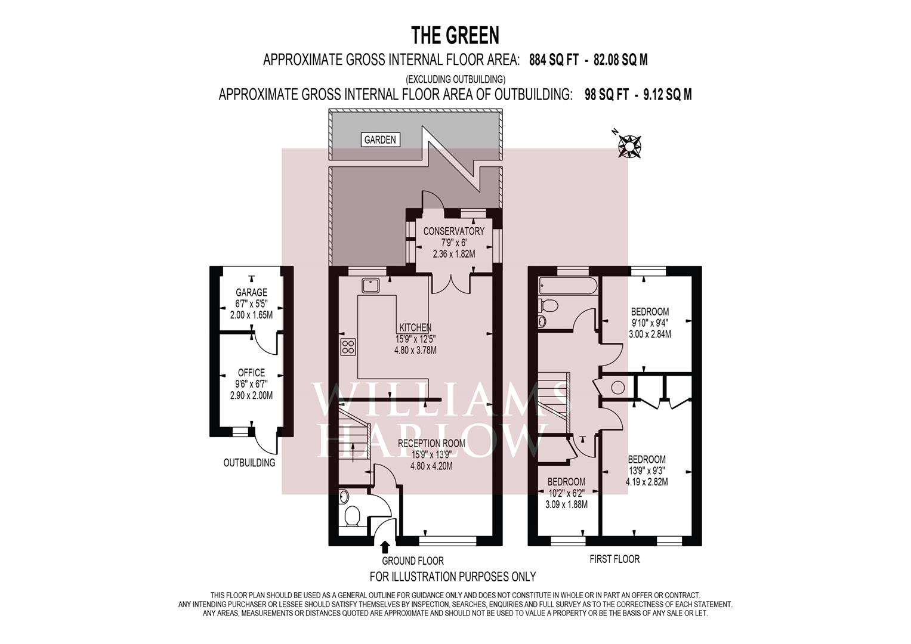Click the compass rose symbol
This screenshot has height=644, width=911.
click(x=629, y=146)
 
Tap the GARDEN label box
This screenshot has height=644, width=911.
click(x=380, y=140)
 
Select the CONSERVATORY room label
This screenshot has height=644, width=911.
click(x=454, y=231)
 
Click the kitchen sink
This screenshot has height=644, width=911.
click(x=371, y=286)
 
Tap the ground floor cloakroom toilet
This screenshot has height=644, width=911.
click(x=351, y=516)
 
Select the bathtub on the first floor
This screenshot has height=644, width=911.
click(x=568, y=285)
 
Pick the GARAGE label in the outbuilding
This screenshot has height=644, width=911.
click(x=251, y=292)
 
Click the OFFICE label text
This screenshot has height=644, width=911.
click(x=251, y=373)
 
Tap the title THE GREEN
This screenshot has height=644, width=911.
click(x=455, y=35)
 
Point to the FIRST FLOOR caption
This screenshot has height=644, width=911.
click(x=614, y=559)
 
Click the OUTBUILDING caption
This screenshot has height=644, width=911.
click(x=249, y=463)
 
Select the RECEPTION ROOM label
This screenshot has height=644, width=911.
click(x=431, y=444)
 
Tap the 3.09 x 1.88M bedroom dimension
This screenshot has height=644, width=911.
click(x=567, y=504)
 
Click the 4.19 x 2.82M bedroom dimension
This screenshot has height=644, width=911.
click(x=647, y=482)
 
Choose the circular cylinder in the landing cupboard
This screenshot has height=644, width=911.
click(x=617, y=387)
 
